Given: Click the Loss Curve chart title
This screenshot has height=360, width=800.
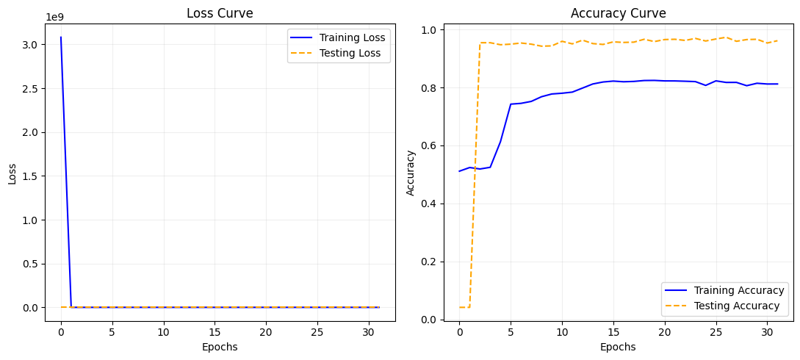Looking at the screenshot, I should point(220,13).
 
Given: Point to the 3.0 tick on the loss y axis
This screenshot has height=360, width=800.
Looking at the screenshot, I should point(32,45).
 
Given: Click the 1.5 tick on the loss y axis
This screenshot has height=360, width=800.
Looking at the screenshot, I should point(32,176).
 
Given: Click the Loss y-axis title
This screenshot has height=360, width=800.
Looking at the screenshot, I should point(12,173).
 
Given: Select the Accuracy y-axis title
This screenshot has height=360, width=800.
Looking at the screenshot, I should point(411,173).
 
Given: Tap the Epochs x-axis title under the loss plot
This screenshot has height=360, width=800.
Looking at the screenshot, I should point(220,347).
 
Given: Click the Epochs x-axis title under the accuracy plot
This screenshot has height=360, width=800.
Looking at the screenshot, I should point(619,347).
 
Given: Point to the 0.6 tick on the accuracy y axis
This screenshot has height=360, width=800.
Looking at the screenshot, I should point(429,145).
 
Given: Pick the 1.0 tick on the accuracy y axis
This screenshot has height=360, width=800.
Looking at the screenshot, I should point(429,30).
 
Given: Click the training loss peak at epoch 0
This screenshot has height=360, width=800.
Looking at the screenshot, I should point(61,37).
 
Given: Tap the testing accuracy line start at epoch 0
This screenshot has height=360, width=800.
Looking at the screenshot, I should point(460,307).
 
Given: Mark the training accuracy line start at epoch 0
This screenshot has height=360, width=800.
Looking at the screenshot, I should point(460,171).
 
